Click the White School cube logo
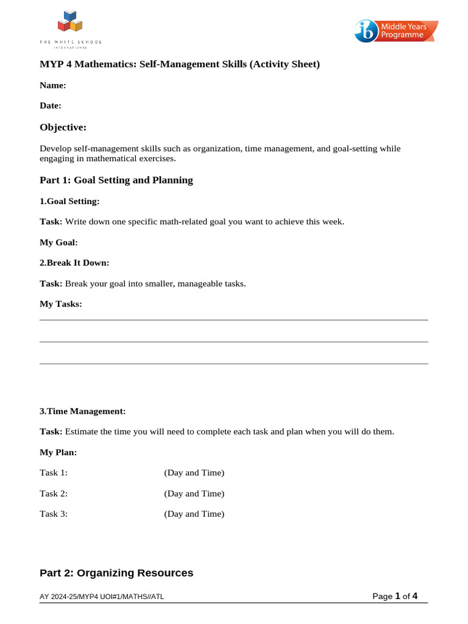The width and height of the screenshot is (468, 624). (x=70, y=23)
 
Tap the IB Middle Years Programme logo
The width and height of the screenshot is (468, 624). (x=396, y=31)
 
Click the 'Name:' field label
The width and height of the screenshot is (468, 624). (x=53, y=86)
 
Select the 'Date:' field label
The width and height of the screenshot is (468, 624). (x=51, y=105)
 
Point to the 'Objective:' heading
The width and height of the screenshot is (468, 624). (x=63, y=127)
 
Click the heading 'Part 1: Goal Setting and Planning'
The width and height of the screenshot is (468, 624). (x=116, y=180)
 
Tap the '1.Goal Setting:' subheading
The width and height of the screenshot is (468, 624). (x=69, y=201)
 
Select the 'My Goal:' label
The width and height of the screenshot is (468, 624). (x=58, y=243)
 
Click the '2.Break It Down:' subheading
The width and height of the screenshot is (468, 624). (x=74, y=263)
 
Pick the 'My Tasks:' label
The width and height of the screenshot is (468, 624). (x=60, y=303)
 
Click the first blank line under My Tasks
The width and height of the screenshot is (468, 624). (x=233, y=320)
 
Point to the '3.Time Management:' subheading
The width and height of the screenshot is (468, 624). (x=82, y=411)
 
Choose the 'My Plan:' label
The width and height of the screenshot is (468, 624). (x=58, y=452)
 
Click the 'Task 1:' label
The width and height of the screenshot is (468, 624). (x=54, y=473)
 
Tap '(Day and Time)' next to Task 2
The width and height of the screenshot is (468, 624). (x=194, y=494)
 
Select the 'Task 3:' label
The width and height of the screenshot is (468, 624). (x=54, y=514)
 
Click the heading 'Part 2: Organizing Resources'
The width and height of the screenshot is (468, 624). (x=116, y=573)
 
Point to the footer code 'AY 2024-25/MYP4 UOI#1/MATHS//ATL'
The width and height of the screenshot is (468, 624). (x=102, y=597)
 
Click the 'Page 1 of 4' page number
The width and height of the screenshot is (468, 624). (x=394, y=596)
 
